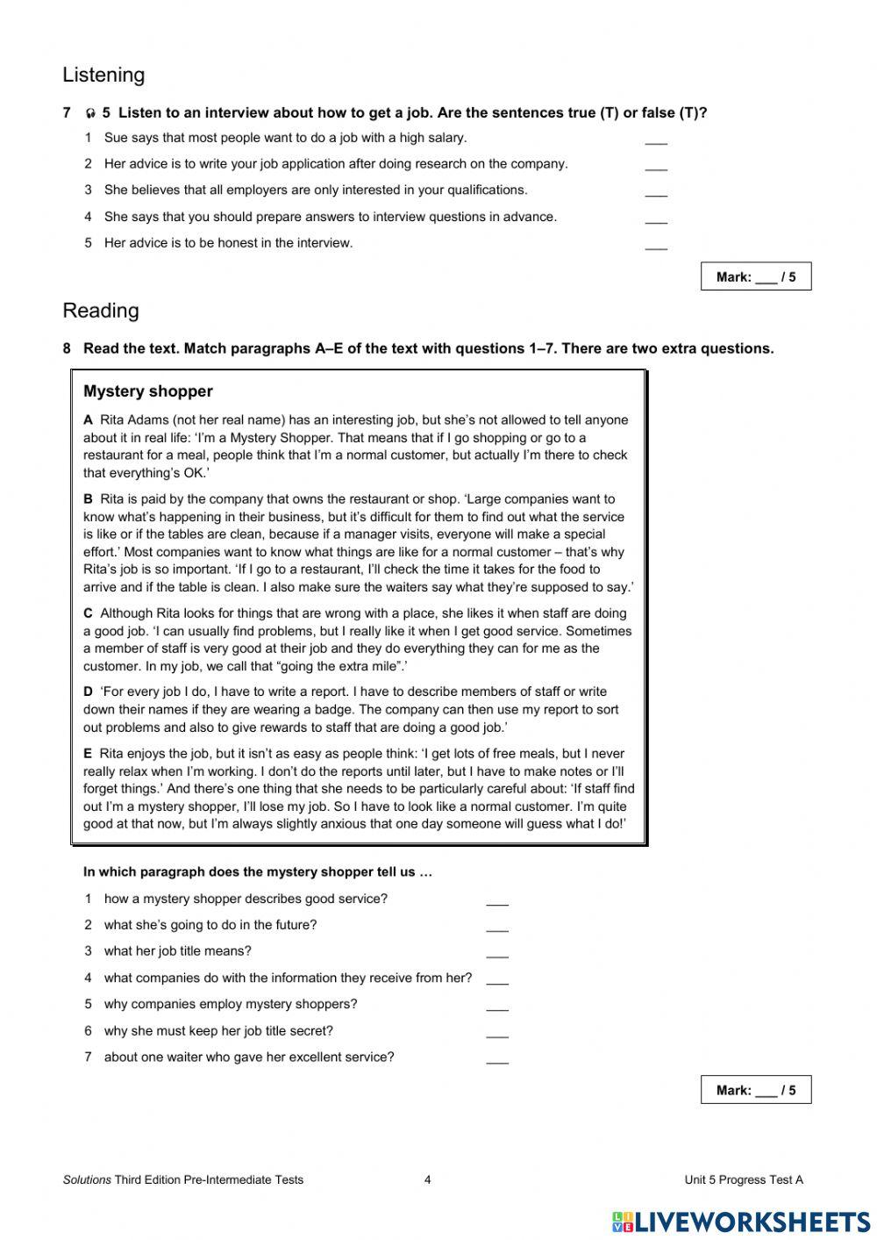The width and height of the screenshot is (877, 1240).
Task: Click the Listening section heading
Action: pyautogui.click(x=103, y=75)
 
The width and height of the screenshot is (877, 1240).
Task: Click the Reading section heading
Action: pyautogui.click(x=101, y=311)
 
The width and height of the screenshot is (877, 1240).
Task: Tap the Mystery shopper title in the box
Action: pyautogui.click(x=148, y=391)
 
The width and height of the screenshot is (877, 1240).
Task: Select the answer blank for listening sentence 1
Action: pyautogui.click(x=656, y=140)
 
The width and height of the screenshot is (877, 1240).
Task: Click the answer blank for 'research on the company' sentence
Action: pyautogui.click(x=656, y=166)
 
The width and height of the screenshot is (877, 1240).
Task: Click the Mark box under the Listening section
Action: pyautogui.click(x=756, y=276)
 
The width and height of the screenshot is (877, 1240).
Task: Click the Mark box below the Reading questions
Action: pyautogui.click(x=756, y=1090)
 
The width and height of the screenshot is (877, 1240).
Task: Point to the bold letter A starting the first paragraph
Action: pyautogui.click(x=88, y=420)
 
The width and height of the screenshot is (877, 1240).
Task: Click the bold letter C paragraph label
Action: pyautogui.click(x=88, y=613)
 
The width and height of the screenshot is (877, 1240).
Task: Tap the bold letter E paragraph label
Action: pyautogui.click(x=88, y=754)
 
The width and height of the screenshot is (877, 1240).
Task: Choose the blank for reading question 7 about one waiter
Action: pyautogui.click(x=497, y=1059)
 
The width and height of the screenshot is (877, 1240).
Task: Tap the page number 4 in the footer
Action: pyautogui.click(x=428, y=1179)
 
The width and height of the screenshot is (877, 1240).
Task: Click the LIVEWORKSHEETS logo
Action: pyautogui.click(x=741, y=1222)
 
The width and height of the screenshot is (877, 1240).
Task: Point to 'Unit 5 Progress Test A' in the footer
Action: pyautogui.click(x=744, y=1179)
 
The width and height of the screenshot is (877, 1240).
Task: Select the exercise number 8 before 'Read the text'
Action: pyautogui.click(x=67, y=348)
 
